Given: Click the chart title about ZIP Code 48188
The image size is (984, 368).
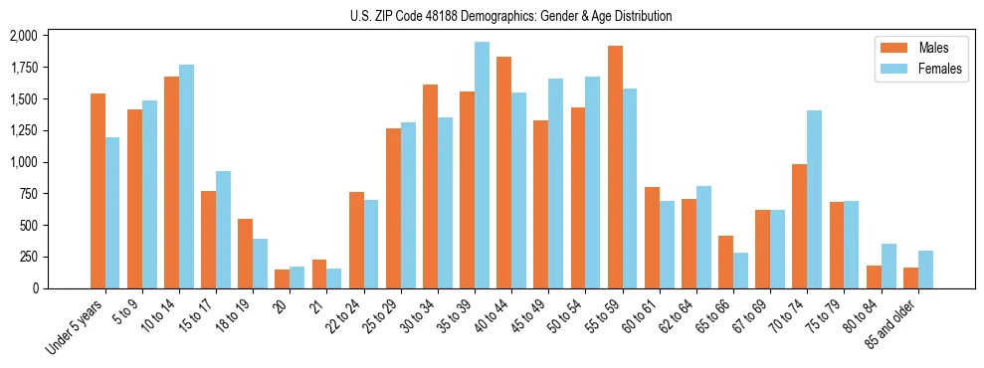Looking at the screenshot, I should [510, 16].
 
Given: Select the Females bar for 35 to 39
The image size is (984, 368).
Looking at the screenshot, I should [482, 165].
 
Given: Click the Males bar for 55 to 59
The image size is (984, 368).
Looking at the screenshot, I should [615, 167].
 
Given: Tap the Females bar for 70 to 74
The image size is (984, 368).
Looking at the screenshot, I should [814, 199].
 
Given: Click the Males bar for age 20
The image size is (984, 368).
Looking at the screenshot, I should [282, 278].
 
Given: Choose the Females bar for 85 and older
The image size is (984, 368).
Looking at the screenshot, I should [925, 270].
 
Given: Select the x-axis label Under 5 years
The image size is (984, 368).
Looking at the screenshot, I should [76, 329].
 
